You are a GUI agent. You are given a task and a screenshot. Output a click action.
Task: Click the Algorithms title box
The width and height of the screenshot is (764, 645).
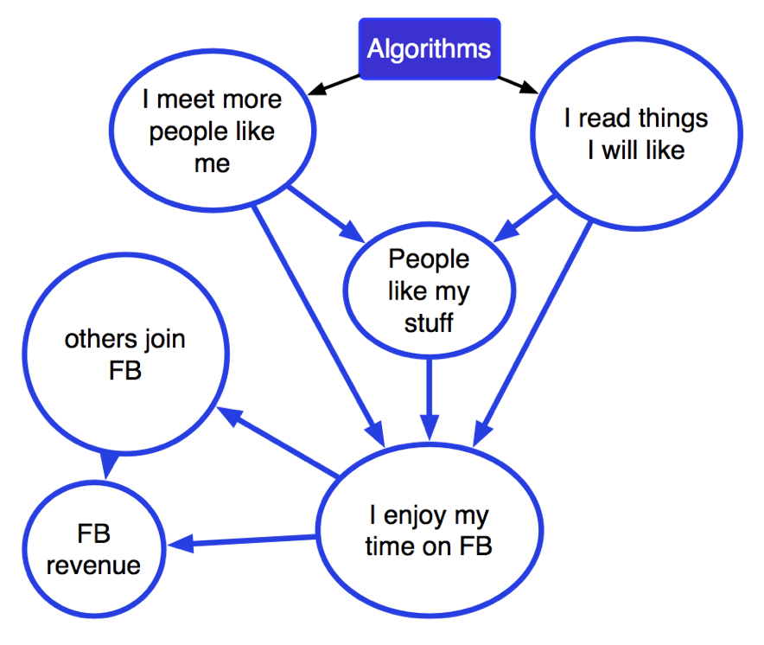tap(429, 49)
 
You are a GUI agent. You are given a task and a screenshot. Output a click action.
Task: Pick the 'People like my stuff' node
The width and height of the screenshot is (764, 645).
tap(429, 291)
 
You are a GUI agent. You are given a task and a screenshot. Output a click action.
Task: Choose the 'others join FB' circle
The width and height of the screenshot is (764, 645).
tap(125, 354)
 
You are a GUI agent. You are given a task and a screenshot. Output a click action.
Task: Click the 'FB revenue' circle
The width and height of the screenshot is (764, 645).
tap(93, 550)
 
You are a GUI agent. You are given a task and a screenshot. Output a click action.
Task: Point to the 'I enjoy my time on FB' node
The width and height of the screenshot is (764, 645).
tap(429, 532)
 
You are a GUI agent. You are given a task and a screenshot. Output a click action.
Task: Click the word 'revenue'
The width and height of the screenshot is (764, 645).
tap(93, 565)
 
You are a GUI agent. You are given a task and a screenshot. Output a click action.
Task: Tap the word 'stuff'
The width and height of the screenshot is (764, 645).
tap(429, 323)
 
